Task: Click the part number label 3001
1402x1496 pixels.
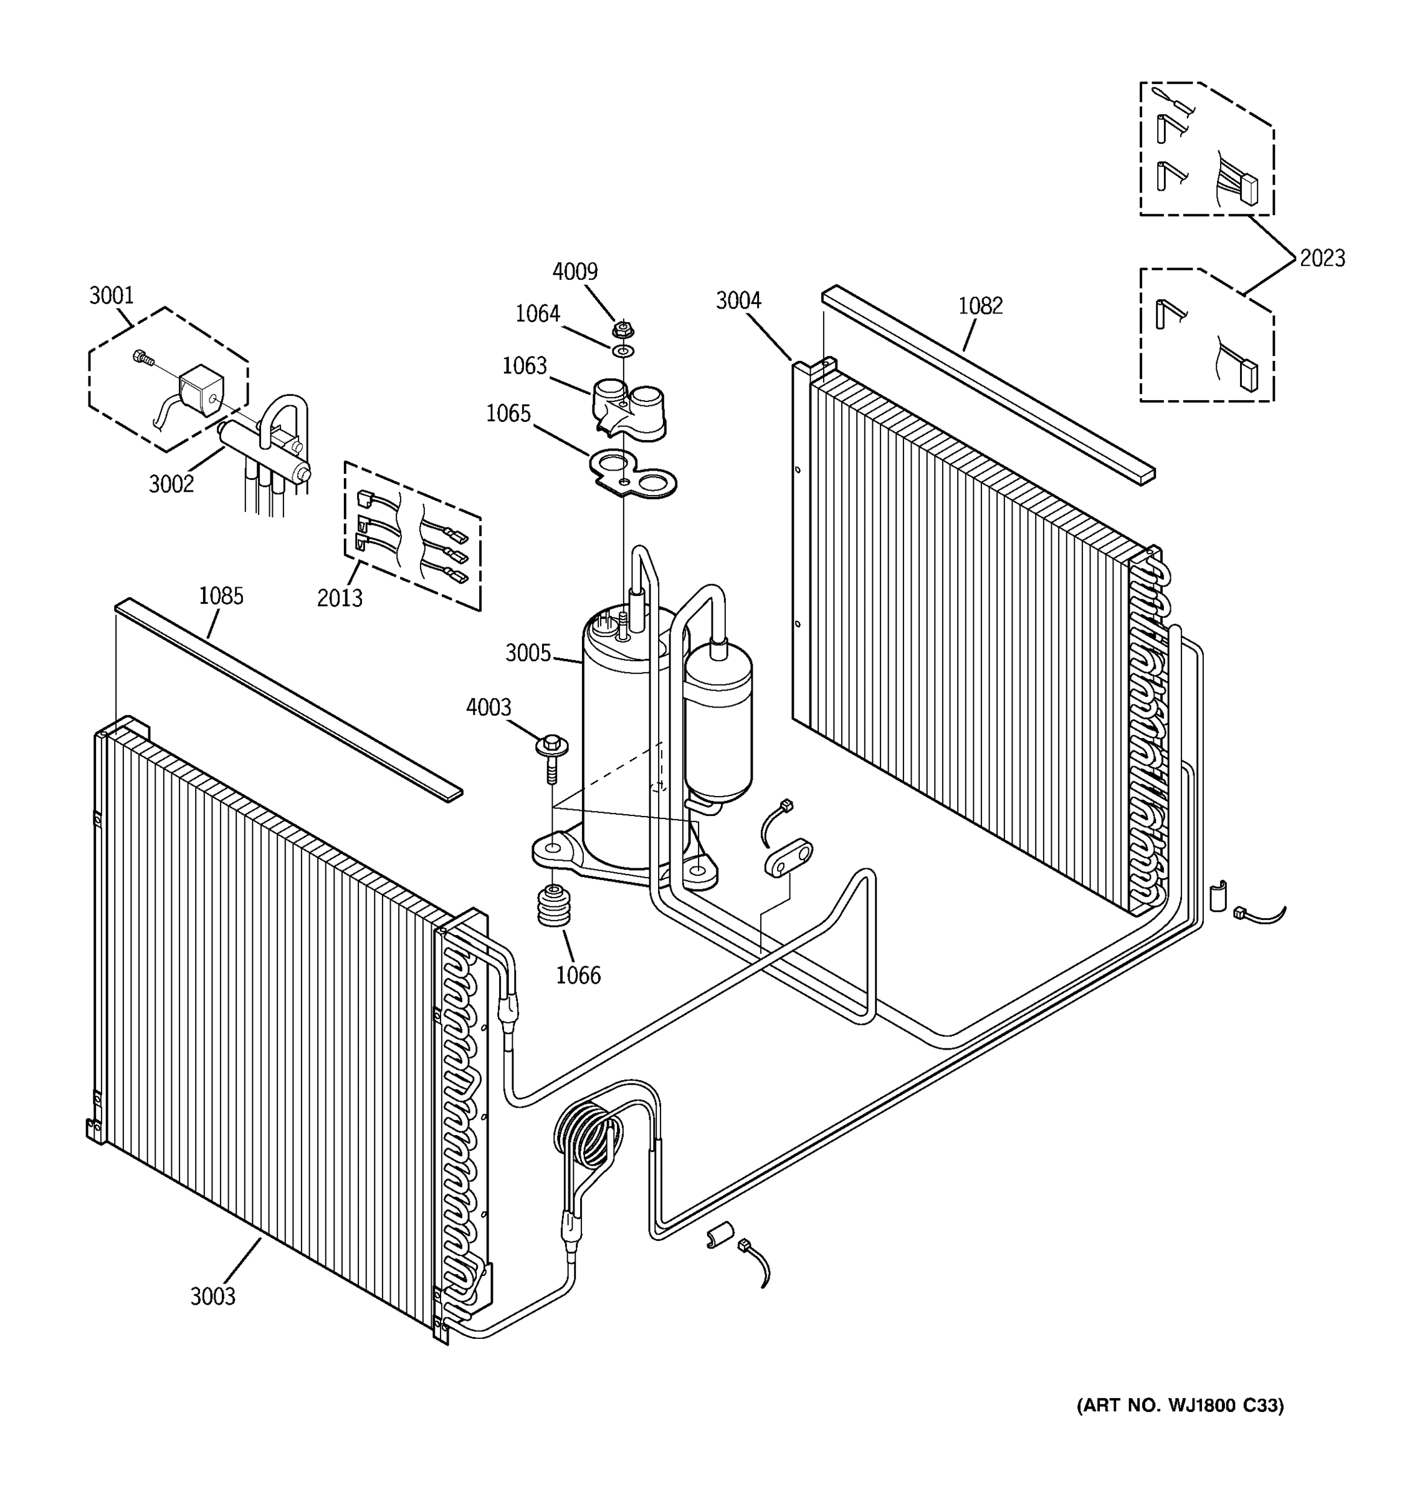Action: point(112,295)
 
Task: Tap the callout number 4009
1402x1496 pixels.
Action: point(575,272)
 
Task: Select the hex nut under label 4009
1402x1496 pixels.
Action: point(622,330)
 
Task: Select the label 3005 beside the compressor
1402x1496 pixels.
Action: point(528,653)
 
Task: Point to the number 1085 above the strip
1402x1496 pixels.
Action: point(221,596)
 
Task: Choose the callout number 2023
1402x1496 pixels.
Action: point(1322,258)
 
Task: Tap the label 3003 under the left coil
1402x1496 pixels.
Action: point(213,1296)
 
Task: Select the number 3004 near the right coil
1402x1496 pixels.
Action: point(738,301)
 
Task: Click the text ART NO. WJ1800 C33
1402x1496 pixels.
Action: point(1180,1405)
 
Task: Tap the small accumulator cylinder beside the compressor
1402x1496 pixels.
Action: point(718,719)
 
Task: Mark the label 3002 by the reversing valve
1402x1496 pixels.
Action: point(171,484)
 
